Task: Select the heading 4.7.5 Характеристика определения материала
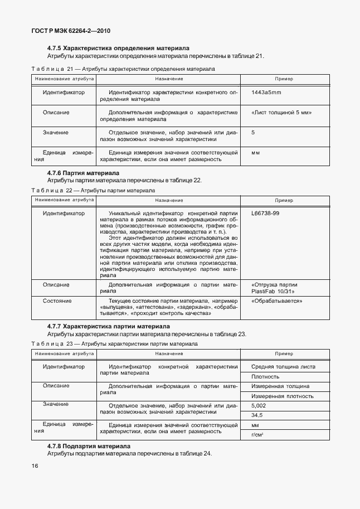(x=118, y=48)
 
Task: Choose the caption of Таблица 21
(x=123, y=69)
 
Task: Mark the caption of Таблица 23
(x=114, y=344)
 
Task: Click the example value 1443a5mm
(x=266, y=92)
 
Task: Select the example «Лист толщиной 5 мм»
(x=281, y=113)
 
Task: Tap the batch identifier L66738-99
(x=265, y=213)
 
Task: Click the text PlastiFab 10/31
(x=273, y=291)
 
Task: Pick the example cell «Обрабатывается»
(x=277, y=300)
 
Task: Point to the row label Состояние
(x=57, y=300)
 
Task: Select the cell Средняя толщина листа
(x=283, y=367)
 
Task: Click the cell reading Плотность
(x=265, y=377)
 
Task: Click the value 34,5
(x=257, y=415)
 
